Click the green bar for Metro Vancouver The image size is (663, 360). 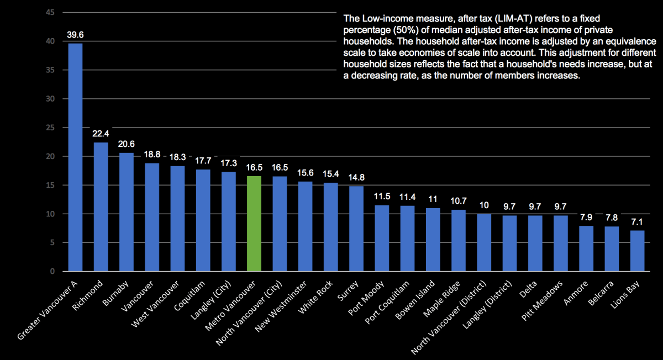pos(254,224)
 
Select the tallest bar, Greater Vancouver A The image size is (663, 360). pos(75,157)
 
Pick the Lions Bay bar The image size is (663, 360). pos(637,251)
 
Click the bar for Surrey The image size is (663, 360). pos(356,229)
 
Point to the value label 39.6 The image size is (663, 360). pos(75,35)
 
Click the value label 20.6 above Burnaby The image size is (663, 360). pos(126,144)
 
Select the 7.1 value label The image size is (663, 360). pos(637,222)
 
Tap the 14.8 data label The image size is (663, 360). pos(356,177)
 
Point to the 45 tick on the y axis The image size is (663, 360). pos(50,13)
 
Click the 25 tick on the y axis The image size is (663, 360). pos(50,128)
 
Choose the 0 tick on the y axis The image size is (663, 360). pos(52,272)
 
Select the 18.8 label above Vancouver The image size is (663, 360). pos(151,155)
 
